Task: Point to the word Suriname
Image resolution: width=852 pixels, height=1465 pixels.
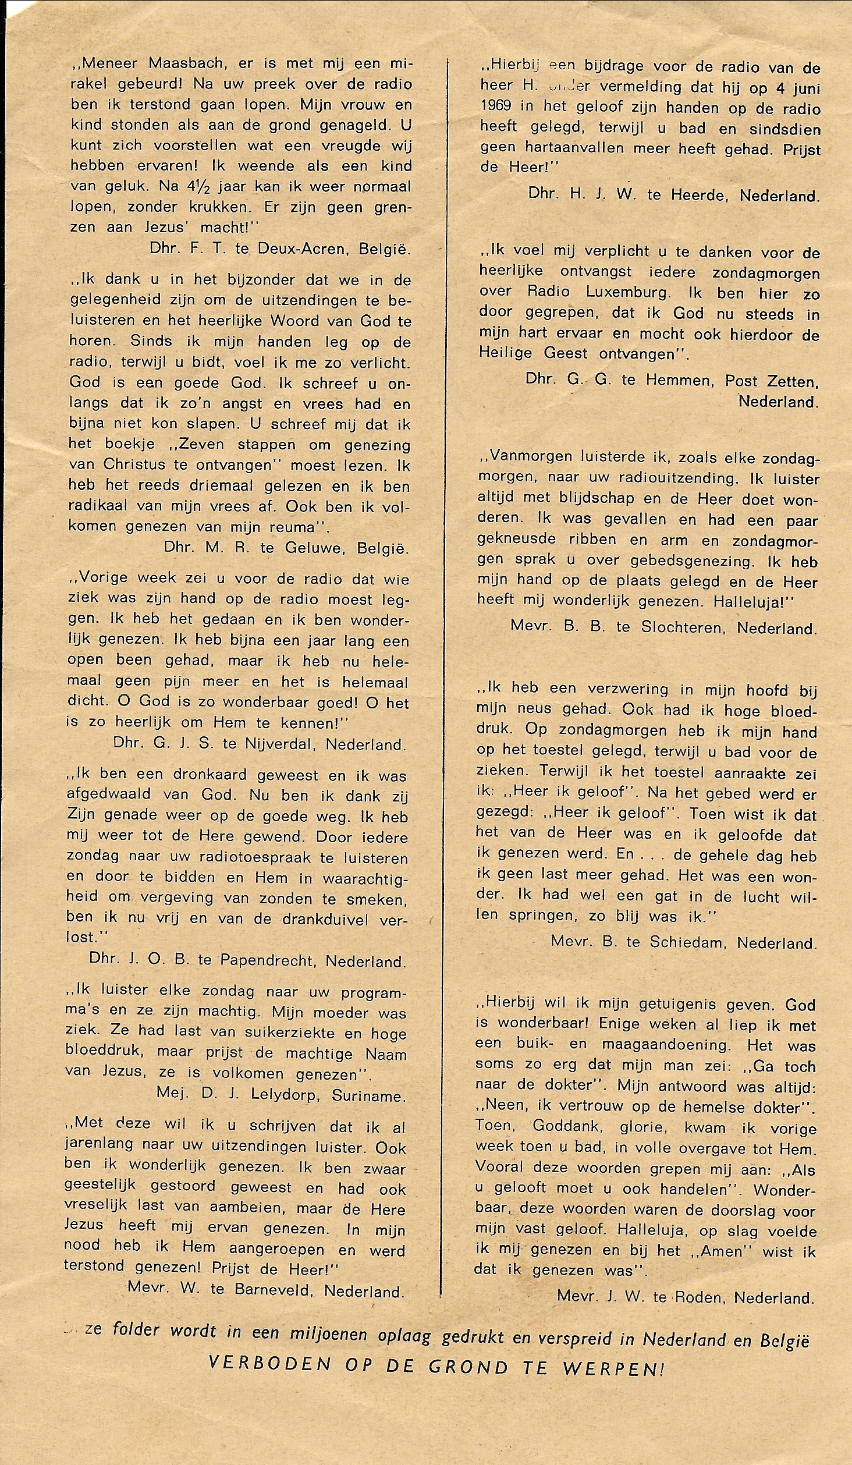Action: point(368,1096)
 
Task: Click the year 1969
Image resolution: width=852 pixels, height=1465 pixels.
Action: point(500,108)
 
